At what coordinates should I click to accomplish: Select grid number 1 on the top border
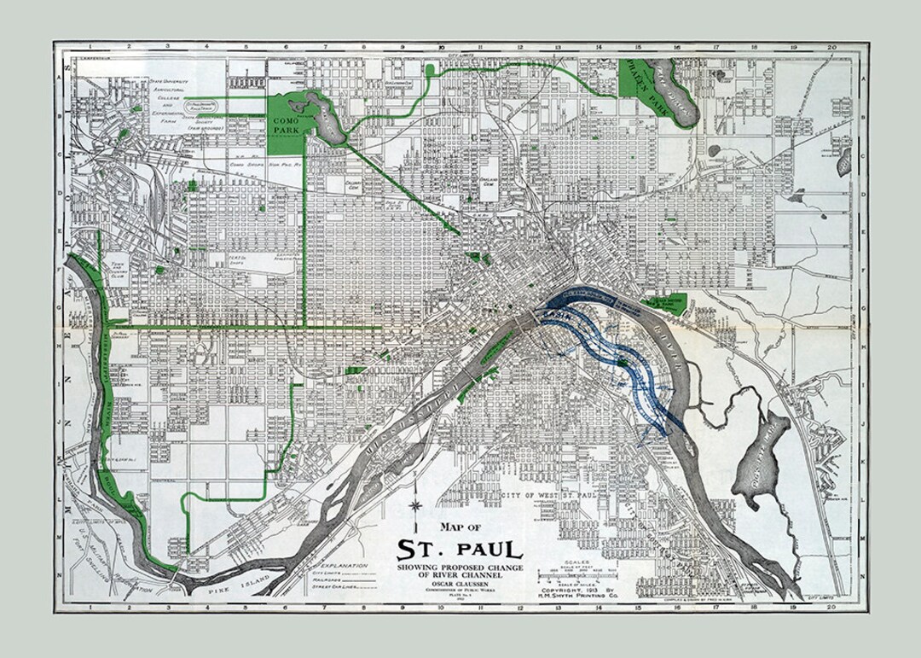(x=89, y=48)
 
